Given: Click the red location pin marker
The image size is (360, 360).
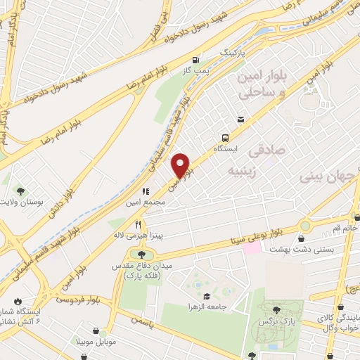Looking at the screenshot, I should (182, 165).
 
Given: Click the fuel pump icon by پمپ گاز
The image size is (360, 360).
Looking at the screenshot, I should (194, 60).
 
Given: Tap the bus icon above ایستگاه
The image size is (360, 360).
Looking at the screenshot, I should (226, 138).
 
